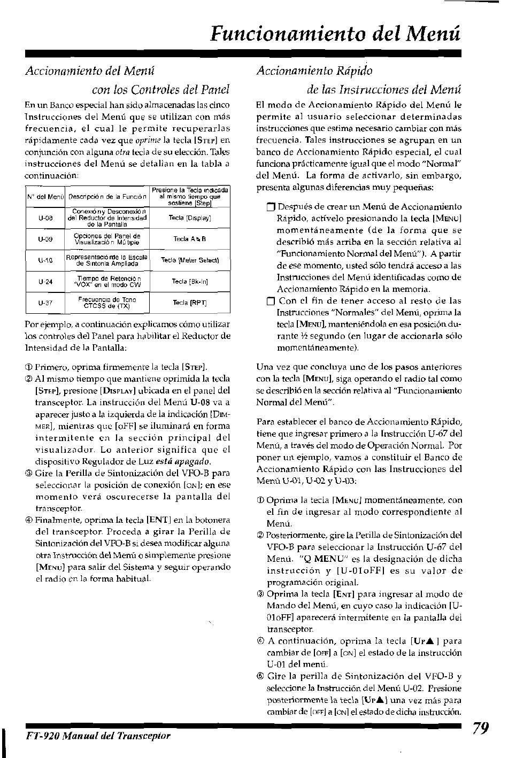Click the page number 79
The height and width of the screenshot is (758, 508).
pos(481,729)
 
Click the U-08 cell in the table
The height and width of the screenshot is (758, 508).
pos(45,218)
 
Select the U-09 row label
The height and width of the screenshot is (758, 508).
pos(45,239)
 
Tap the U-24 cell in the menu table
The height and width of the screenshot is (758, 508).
pos(45,282)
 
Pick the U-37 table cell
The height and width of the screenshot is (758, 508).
pos(45,303)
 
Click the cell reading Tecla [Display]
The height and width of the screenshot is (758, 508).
pos(190,218)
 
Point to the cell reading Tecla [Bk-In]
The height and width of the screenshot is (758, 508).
pos(190,281)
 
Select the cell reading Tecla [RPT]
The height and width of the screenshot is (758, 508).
pos(190,303)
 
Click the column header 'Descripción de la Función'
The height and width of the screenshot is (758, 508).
pos(107,197)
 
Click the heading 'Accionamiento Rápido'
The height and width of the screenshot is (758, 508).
pos(314,71)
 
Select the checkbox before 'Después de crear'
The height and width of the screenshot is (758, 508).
pos(270,207)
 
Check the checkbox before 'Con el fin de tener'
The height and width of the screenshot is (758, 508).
pos(270,301)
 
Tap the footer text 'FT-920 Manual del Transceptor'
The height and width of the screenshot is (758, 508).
pos(98,736)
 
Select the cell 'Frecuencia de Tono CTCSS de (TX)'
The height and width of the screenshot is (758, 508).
pos(107,303)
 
